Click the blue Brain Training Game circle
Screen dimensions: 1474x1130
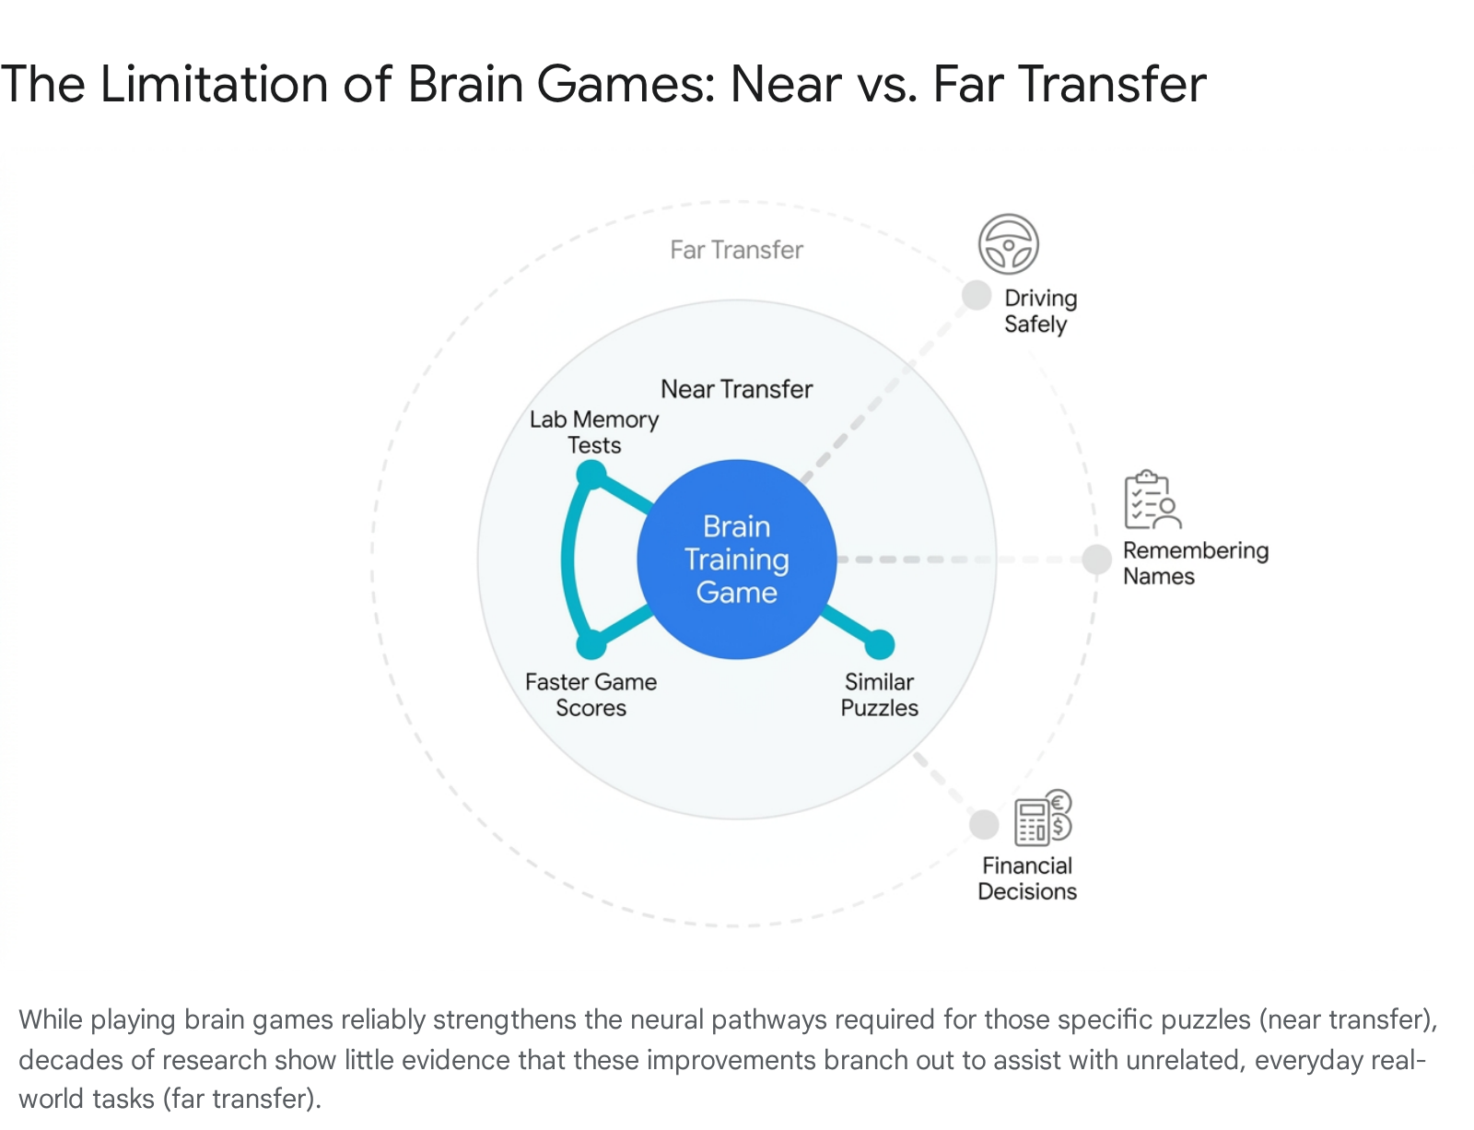click(736, 559)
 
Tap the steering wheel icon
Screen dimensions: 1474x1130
click(1008, 243)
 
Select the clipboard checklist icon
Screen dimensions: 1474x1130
click(1152, 500)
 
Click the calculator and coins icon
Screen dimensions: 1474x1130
click(1043, 818)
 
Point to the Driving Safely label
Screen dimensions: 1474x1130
click(1040, 311)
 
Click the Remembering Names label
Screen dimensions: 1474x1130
click(1195, 562)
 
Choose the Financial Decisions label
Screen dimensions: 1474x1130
click(1027, 878)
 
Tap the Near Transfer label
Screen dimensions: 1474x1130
click(736, 389)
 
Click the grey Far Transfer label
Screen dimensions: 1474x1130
click(736, 250)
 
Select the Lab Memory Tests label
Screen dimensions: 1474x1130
click(593, 432)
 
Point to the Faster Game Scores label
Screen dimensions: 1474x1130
click(591, 695)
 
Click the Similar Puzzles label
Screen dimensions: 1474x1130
click(879, 695)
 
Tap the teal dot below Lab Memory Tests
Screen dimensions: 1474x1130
click(591, 475)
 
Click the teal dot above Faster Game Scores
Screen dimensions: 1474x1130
click(591, 644)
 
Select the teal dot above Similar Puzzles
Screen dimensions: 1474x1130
click(879, 644)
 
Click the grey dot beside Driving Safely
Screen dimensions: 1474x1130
click(977, 295)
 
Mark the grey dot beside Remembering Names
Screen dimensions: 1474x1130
click(1096, 559)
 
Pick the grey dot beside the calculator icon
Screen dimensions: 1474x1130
click(984, 825)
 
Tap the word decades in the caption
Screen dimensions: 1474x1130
click(70, 1059)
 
